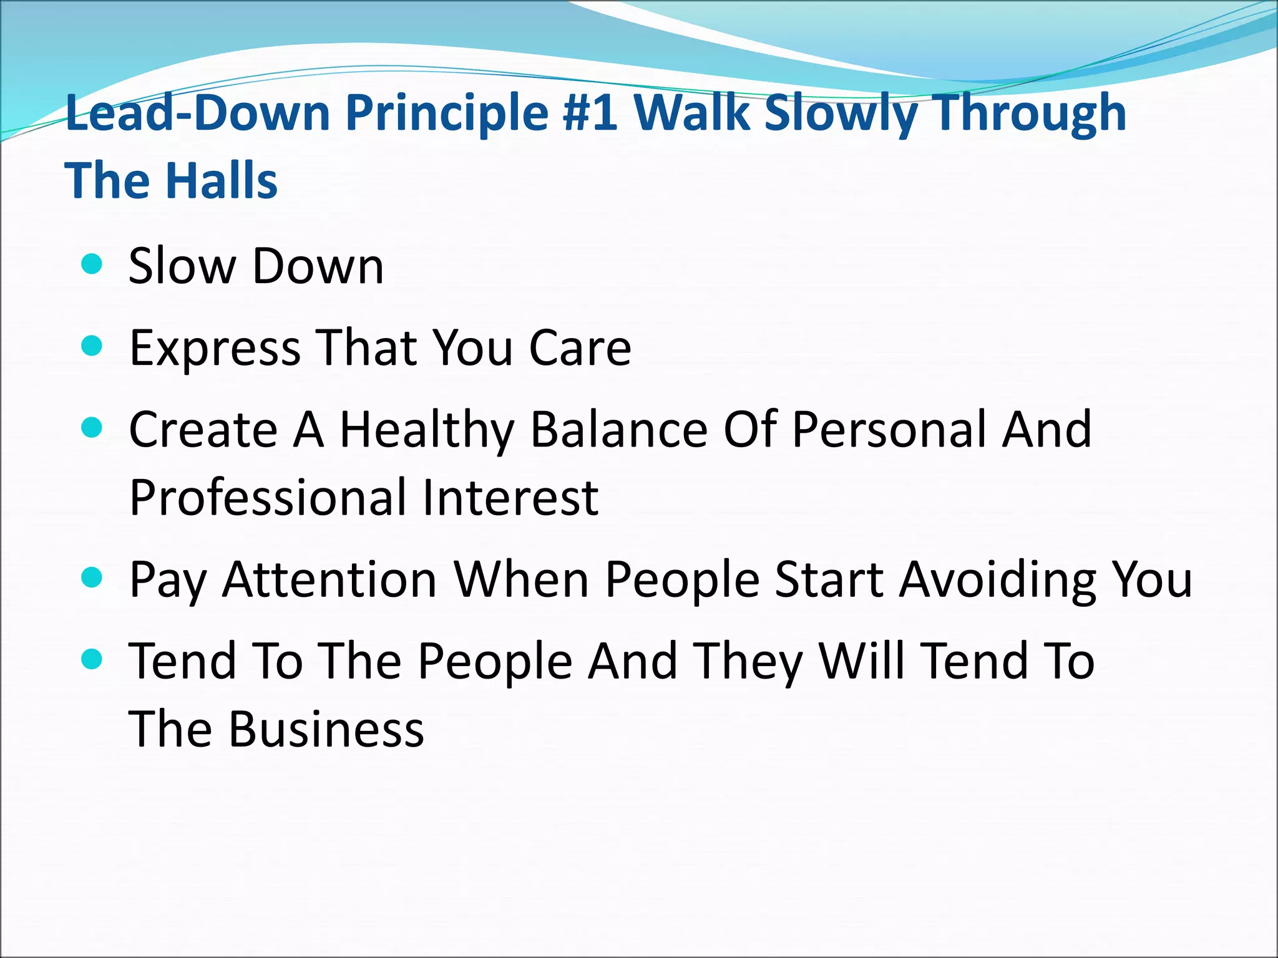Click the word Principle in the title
447,114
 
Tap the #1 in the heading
590,114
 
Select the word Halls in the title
222,181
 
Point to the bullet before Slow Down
92,264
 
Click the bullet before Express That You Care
92,346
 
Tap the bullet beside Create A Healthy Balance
92,428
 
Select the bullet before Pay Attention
92,578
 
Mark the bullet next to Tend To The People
92,659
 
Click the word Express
215,348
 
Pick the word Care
580,348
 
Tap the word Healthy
427,430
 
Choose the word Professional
266,498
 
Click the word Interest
510,498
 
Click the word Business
326,729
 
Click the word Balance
620,430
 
